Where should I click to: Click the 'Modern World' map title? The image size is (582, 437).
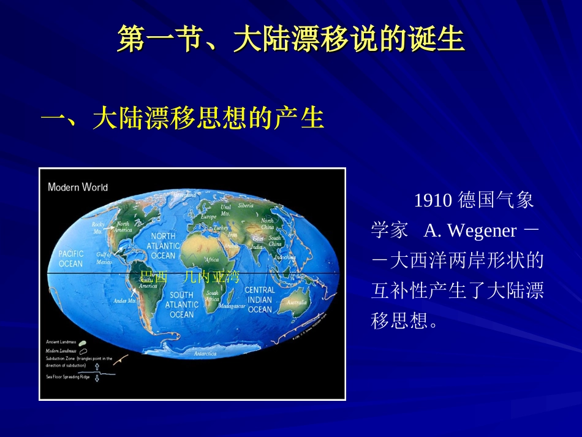point(78,187)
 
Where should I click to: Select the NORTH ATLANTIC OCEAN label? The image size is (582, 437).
point(163,246)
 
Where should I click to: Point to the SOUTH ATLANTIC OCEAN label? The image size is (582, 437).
point(181,305)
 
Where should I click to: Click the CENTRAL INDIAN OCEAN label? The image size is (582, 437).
point(260,300)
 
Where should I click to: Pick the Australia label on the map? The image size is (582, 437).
point(297,302)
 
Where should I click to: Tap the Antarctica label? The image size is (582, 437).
point(205,354)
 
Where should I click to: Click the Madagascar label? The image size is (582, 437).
point(232,305)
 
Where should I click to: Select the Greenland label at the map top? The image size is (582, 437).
point(184,194)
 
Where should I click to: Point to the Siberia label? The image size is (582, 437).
point(246,206)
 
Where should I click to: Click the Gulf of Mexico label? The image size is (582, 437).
point(104,258)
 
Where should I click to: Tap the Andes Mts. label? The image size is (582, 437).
point(124,301)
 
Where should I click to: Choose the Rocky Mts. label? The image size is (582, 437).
point(97,229)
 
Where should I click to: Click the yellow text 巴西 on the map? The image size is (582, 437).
point(154,277)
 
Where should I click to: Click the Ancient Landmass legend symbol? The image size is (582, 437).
point(82,342)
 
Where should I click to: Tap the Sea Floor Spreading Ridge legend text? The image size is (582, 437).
point(68,377)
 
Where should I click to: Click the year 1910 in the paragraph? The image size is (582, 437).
point(433,200)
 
